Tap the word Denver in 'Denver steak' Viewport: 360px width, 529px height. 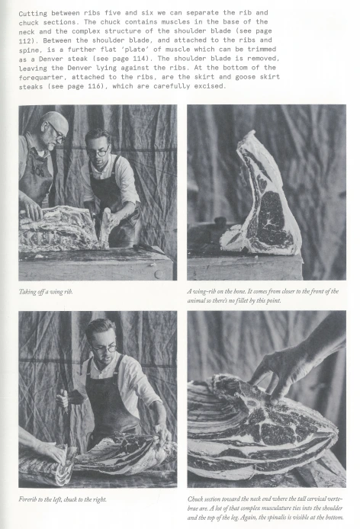pos(51,59)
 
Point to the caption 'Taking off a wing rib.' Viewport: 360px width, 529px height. pos(46,292)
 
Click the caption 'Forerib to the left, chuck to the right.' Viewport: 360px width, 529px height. pos(63,499)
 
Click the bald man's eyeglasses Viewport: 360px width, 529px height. pos(56,133)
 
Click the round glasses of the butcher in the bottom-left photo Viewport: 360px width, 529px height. pos(104,349)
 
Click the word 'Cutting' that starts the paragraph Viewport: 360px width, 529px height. pos(33,14)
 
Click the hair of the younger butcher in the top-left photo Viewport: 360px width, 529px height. pos(98,135)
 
